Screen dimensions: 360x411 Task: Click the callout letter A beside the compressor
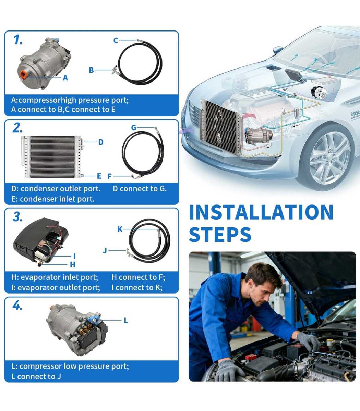(x=65, y=78)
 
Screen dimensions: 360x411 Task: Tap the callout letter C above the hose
(x=116, y=40)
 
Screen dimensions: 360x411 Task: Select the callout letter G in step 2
(x=134, y=127)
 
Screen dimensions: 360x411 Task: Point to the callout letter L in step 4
(x=126, y=321)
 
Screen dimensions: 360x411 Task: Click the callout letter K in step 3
(x=120, y=229)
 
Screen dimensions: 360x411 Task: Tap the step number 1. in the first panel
(x=18, y=40)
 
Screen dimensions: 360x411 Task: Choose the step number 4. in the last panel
(x=17, y=306)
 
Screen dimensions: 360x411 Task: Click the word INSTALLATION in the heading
(x=261, y=212)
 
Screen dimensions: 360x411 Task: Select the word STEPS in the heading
(x=220, y=234)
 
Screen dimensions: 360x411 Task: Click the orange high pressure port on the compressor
(x=24, y=75)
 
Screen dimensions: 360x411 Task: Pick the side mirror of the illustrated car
(x=278, y=49)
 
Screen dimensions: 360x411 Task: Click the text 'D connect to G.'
(x=140, y=189)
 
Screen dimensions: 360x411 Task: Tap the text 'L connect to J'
(x=36, y=376)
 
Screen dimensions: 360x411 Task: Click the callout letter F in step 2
(x=109, y=176)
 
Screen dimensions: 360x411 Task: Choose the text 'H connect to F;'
(x=138, y=277)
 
